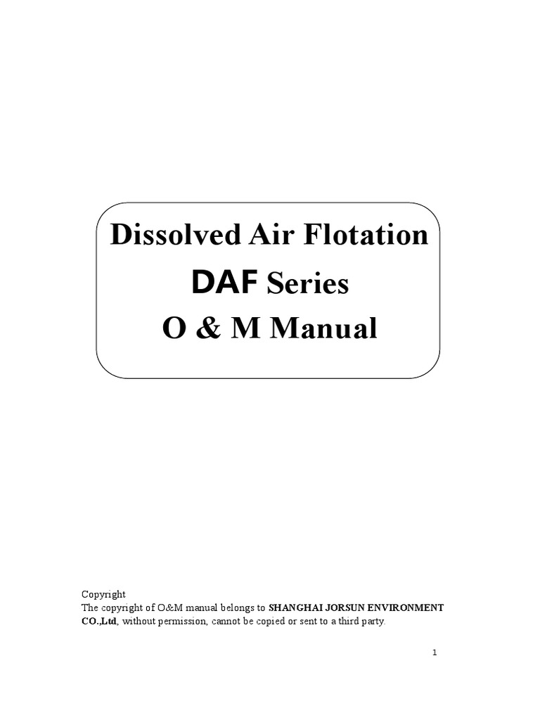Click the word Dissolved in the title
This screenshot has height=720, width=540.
(x=165, y=236)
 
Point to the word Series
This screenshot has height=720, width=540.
(x=305, y=284)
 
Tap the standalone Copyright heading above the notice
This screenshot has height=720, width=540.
(x=103, y=594)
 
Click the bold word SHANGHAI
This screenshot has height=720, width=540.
(x=295, y=607)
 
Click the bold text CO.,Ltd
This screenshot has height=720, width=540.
(x=98, y=622)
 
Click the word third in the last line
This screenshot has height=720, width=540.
(x=342, y=622)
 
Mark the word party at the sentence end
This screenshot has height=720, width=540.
(x=372, y=622)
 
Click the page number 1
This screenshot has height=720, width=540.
(x=435, y=652)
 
